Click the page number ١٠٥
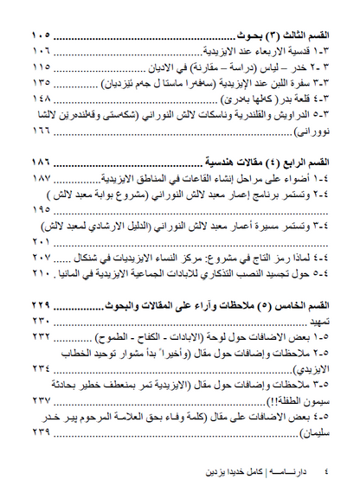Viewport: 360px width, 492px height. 40,37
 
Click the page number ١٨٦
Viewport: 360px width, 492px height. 40,162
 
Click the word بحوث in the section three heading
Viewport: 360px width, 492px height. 254,37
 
